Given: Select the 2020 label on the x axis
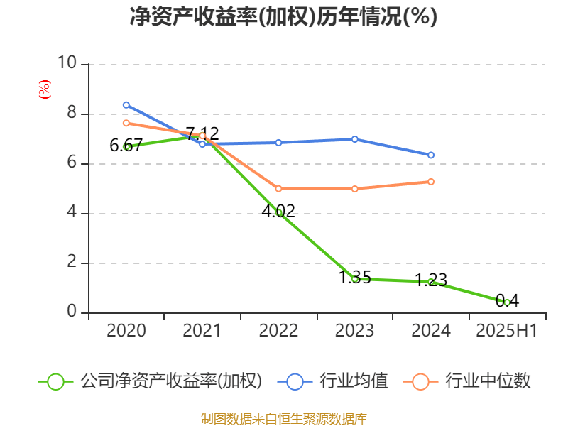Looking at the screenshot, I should point(126,331).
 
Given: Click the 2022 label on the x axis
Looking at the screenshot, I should point(278,331).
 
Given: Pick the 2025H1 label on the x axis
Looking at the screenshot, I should point(506,331).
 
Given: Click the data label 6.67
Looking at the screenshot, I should point(126,146).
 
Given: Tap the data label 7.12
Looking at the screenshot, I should point(202,133).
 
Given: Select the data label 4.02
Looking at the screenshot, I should point(278,211).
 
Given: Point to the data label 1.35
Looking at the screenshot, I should point(355,278).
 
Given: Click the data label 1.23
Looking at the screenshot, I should point(431,280).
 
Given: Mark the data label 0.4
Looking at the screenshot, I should point(507,301).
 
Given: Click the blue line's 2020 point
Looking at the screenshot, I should point(126,105).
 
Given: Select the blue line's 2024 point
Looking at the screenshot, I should point(431,155).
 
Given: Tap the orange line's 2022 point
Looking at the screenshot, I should point(278,189).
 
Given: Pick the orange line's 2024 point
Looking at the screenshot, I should point(431,182).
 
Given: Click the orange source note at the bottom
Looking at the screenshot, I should point(283,418).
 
